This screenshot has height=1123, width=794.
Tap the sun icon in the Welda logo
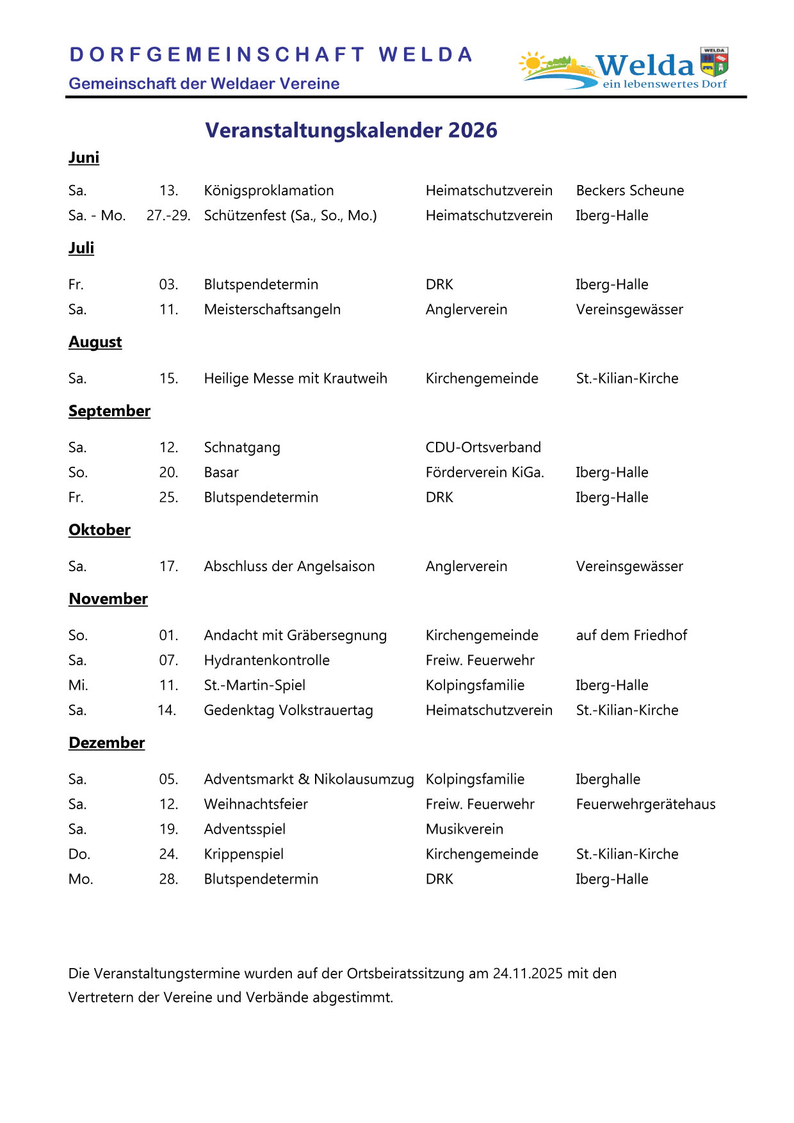[531, 63]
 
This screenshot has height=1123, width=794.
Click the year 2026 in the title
[473, 130]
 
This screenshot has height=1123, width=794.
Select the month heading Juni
[84, 158]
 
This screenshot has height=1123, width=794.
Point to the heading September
[109, 411]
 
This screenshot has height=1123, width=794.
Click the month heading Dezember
[107, 743]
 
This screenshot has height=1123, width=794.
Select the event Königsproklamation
[269, 190]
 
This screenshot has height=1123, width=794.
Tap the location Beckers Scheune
[630, 190]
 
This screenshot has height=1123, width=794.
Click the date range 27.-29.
[168, 215]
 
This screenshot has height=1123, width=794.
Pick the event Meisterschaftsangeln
[272, 309]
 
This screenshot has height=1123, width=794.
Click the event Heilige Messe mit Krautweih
[295, 378]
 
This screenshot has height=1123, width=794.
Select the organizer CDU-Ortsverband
[483, 447]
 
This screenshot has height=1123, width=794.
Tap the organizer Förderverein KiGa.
[485, 472]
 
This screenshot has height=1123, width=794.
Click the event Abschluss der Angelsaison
[289, 566]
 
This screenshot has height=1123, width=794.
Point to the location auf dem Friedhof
[631, 635]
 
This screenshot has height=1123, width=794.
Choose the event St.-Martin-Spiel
[255, 685]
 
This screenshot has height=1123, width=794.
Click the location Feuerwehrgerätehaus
[645, 804]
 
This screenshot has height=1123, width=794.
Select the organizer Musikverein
[464, 829]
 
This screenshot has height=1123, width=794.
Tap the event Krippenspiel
[244, 854]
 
